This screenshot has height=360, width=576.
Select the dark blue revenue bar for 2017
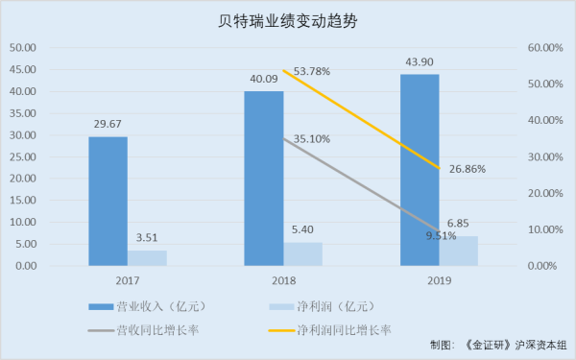coord(108,201)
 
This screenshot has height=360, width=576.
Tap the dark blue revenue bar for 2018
coord(263,178)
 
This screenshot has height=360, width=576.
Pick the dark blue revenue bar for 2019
coord(419,169)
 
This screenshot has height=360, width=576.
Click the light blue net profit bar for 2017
coord(147,257)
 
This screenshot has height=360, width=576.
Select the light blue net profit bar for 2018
coord(302,253)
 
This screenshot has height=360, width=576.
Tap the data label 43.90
coord(419,62)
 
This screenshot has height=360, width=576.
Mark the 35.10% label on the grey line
coord(312,138)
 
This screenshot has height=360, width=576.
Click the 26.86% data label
coord(468,168)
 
